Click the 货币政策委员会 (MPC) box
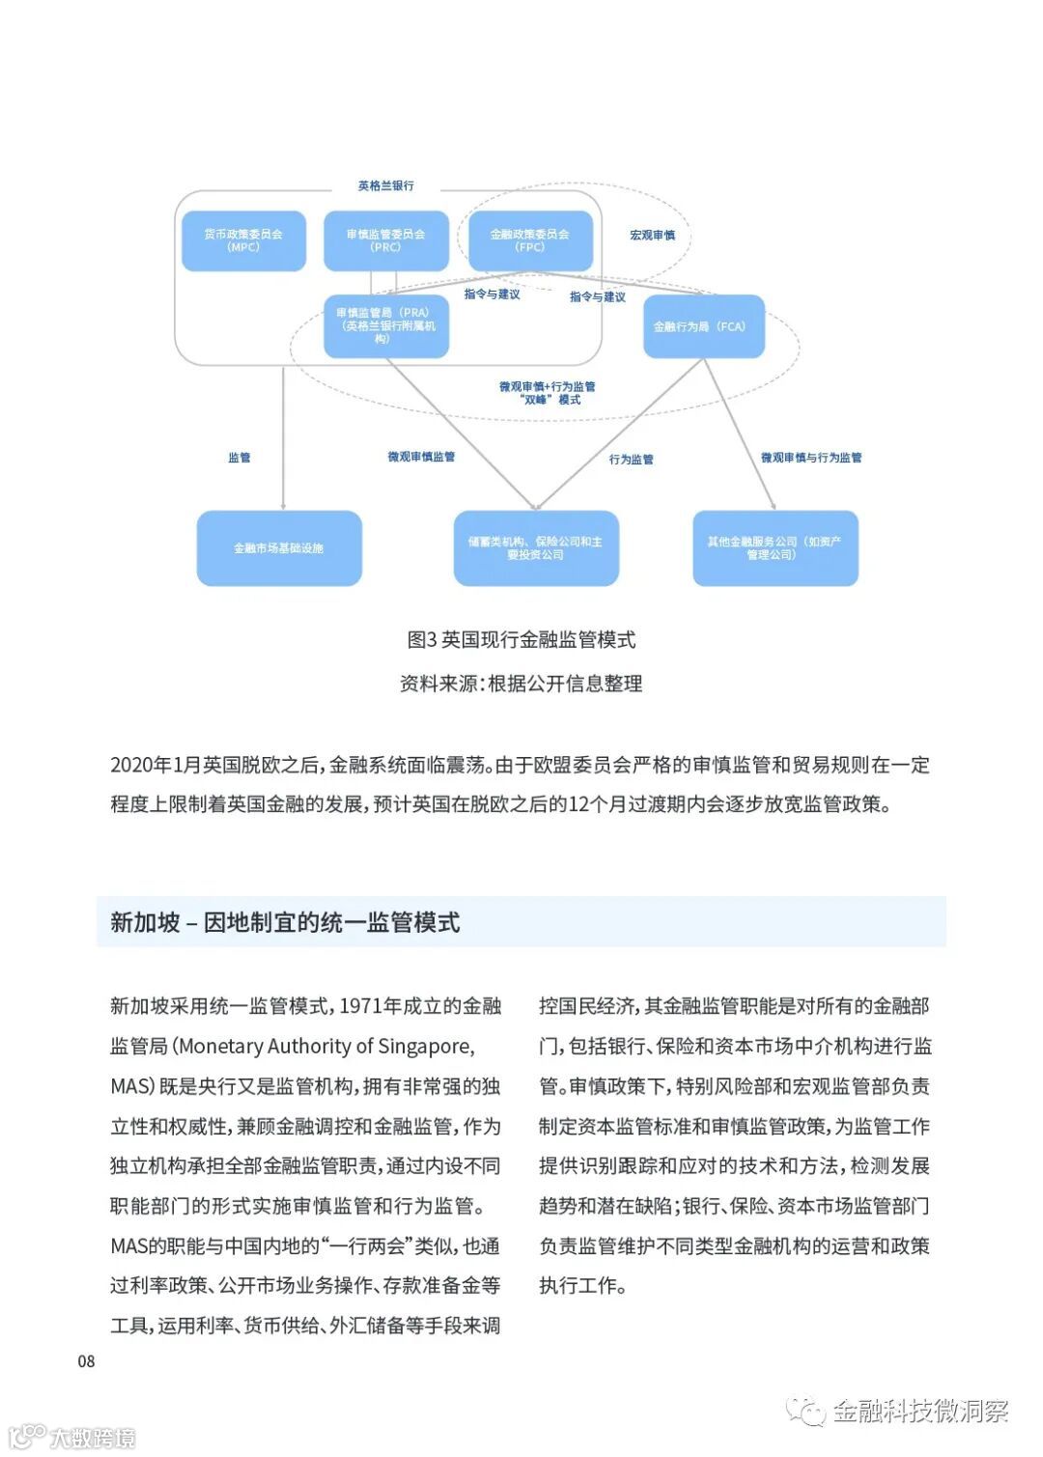pos(243,240)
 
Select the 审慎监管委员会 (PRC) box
pos(385,240)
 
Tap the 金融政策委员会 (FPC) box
pos(529,240)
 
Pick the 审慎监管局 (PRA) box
pos(385,325)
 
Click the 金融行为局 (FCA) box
pos(702,326)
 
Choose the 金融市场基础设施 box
pos(279,547)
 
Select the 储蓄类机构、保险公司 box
pos(535,547)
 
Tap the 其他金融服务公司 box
pos(775,547)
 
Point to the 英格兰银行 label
pos(385,185)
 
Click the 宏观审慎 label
pos(652,235)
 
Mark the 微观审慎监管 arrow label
pos(421,457)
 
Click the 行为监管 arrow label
pos(631,460)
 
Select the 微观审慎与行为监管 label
pos(811,458)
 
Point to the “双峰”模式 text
pos(550,400)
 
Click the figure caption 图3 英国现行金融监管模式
pos(521,639)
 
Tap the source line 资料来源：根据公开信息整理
pos(521,684)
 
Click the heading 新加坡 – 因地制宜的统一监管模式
pos(285,922)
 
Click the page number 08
pos(86,1361)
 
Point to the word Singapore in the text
pos(424,1047)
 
